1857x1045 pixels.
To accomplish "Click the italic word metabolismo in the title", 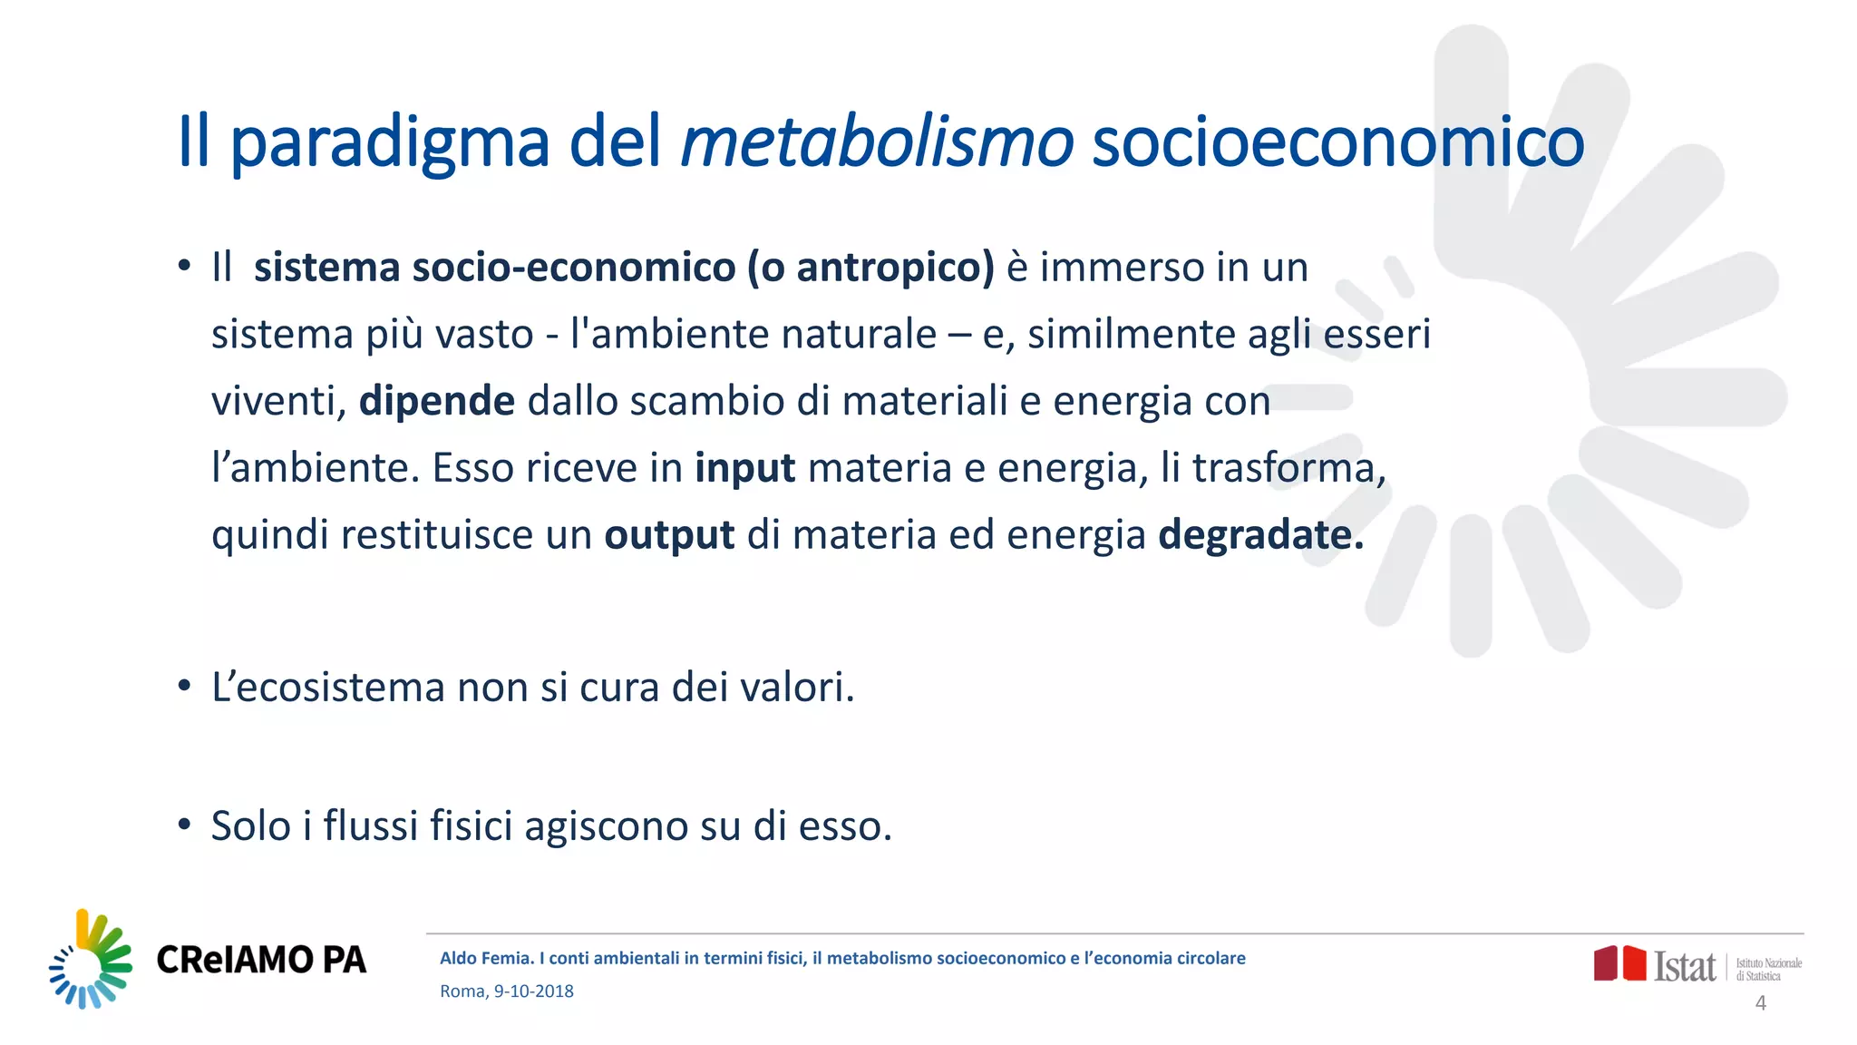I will pyautogui.click(x=876, y=143).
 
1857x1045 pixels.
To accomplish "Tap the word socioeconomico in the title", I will pyautogui.click(x=1337, y=143).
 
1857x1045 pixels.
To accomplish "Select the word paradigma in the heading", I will pyautogui.click(x=390, y=143).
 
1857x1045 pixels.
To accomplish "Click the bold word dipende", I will pyautogui.click(x=437, y=401).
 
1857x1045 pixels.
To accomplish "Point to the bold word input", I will pyautogui.click(x=744, y=468).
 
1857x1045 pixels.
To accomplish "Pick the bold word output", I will pyautogui.click(x=669, y=535).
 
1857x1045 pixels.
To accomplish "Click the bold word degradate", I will pyautogui.click(x=1260, y=535).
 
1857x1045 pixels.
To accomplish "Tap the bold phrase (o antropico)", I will pyautogui.click(x=870, y=268).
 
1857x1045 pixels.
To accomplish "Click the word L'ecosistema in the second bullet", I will pyautogui.click(x=327, y=688).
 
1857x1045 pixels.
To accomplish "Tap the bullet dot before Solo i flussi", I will pyautogui.click(x=184, y=825).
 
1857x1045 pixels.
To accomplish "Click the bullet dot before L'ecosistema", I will pyautogui.click(x=184, y=686).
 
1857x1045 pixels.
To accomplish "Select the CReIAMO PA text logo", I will pyautogui.click(x=261, y=960).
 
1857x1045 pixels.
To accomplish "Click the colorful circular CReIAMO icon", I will pyautogui.click(x=90, y=960).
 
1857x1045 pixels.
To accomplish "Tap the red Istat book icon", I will pyautogui.click(x=1619, y=963).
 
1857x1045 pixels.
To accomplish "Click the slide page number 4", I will pyautogui.click(x=1760, y=1003).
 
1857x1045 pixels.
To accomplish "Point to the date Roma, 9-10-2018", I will pyautogui.click(x=506, y=991).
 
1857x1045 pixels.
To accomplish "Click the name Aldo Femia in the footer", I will pyautogui.click(x=485, y=959).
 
